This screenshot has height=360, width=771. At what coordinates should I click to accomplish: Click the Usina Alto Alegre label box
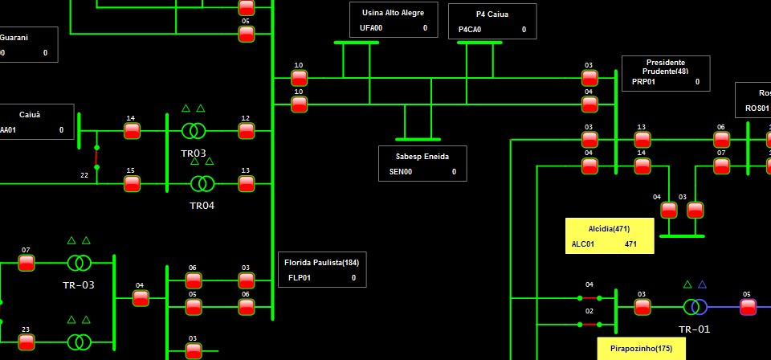pyautogui.click(x=393, y=19)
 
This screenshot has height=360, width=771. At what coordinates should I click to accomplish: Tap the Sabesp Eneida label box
pyautogui.click(x=422, y=163)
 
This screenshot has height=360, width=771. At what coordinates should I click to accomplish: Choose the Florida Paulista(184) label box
pyautogui.click(x=321, y=270)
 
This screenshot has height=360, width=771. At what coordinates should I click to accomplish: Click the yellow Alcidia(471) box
pyautogui.click(x=609, y=235)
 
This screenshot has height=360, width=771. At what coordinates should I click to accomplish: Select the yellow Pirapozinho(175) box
pyautogui.click(x=641, y=349)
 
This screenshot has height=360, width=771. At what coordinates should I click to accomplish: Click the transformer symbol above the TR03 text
pyautogui.click(x=194, y=130)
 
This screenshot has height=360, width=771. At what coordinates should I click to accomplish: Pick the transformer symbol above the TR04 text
pyautogui.click(x=202, y=184)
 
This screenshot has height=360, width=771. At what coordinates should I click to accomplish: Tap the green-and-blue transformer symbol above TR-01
pyautogui.click(x=695, y=306)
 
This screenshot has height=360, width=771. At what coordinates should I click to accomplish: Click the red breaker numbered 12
pyautogui.click(x=246, y=130)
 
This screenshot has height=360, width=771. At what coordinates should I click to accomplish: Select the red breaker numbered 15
pyautogui.click(x=132, y=183)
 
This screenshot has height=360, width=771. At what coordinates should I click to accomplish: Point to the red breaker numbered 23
pyautogui.click(x=27, y=342)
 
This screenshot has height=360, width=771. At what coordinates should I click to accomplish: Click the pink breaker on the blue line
pyautogui.click(x=748, y=306)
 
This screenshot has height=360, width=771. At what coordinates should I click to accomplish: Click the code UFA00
pyautogui.click(x=371, y=28)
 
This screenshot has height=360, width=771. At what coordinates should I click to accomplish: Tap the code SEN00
pyautogui.click(x=401, y=172)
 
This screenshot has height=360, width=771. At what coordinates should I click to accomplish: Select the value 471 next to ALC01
pyautogui.click(x=630, y=243)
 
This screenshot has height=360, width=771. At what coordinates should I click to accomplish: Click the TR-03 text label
pyautogui.click(x=79, y=285)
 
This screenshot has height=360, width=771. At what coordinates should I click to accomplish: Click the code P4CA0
pyautogui.click(x=470, y=30)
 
